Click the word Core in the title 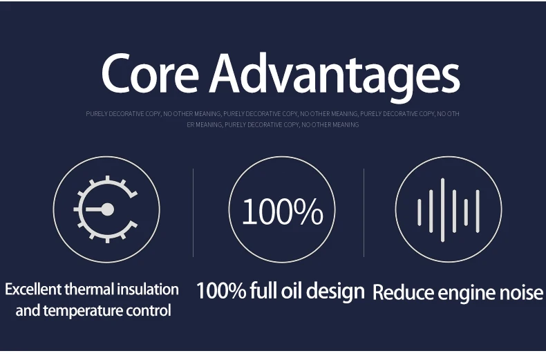click(150, 73)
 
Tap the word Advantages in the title click(335, 77)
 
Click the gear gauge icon click(106, 209)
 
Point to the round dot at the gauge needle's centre click(107, 209)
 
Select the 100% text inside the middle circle click(283, 211)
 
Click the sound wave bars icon click(449, 210)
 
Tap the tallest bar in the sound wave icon click(442, 210)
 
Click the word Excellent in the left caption click(33, 290)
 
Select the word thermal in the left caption click(89, 290)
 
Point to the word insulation click(148, 290)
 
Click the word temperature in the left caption click(83, 310)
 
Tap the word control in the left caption click(149, 310)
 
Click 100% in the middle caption click(221, 291)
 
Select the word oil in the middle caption click(291, 291)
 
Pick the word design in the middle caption click(335, 292)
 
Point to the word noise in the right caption click(521, 292)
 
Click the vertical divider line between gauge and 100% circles click(194, 213)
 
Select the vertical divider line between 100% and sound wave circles click(364, 213)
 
